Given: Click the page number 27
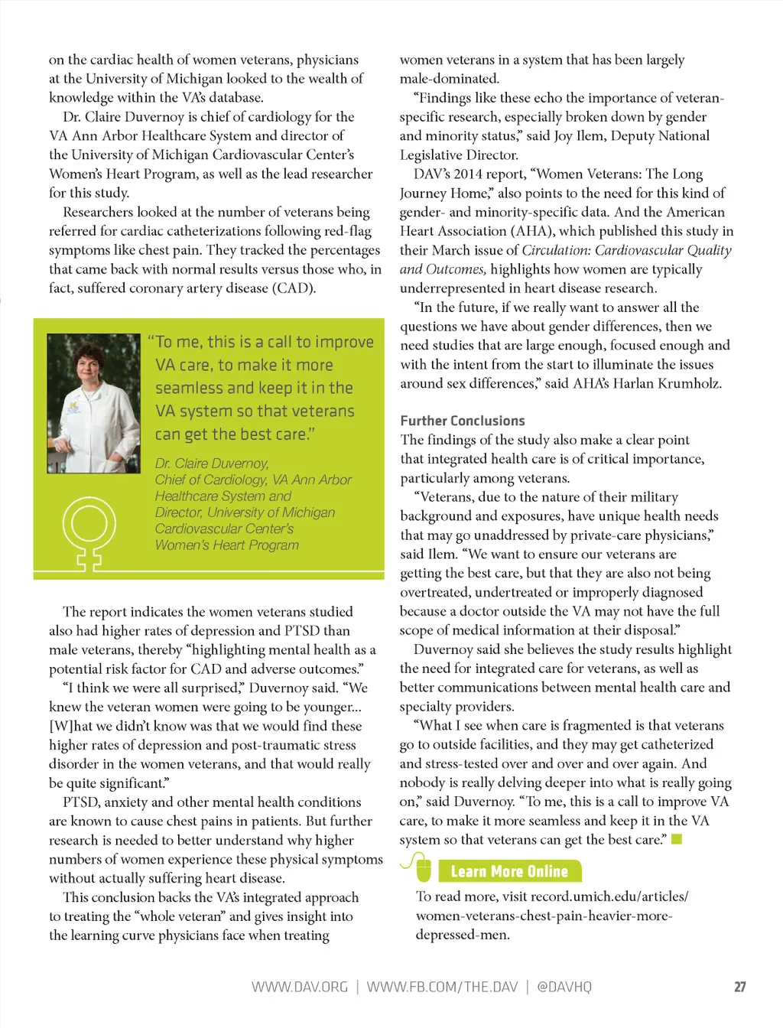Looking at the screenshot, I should pyautogui.click(x=739, y=987).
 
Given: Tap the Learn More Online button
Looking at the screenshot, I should pyautogui.click(x=509, y=871).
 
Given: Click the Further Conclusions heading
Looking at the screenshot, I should pyautogui.click(x=463, y=421).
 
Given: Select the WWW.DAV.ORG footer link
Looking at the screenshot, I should pyautogui.click(x=300, y=987).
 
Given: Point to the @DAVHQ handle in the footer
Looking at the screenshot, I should pyautogui.click(x=564, y=987).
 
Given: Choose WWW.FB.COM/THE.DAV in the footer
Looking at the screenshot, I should pyautogui.click(x=442, y=987).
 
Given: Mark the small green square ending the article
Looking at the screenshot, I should pyautogui.click(x=676, y=840).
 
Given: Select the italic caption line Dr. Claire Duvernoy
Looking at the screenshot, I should pyautogui.click(x=212, y=464).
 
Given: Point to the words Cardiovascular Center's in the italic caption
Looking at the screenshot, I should pyautogui.click(x=224, y=529).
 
